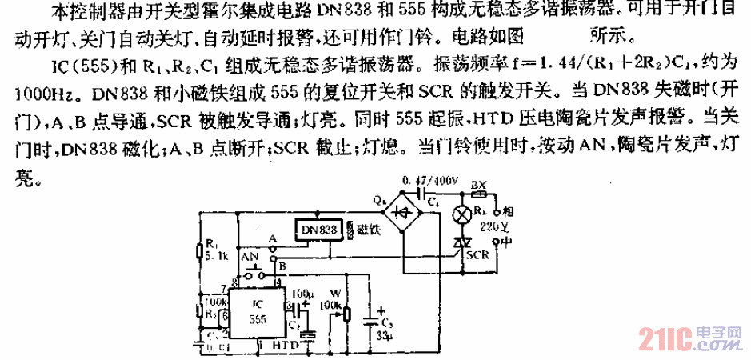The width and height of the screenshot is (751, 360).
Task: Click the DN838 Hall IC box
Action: click(318, 230)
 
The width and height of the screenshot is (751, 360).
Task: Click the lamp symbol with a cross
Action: click(462, 216)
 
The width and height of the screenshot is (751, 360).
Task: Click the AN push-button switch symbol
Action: click(255, 272)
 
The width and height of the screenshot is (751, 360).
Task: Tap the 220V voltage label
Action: click(489, 226)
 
